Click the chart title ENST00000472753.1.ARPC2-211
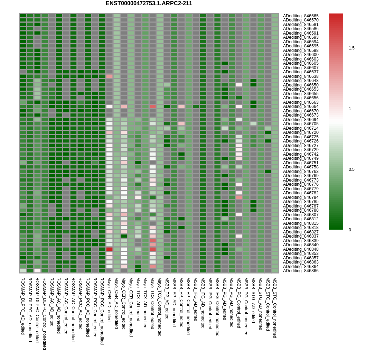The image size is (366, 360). coord(149,3)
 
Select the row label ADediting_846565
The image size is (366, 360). coord(301,16)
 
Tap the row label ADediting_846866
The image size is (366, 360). coord(301,271)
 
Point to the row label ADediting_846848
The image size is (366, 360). coord(301,249)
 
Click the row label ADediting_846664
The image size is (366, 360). coord(301,107)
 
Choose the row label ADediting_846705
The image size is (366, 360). coord(301,124)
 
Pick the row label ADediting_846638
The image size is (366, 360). coord(301,76)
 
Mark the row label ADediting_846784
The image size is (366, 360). coord(301,197)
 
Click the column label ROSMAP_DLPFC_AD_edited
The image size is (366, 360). coord(23,306)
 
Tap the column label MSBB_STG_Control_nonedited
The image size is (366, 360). coord(275,307)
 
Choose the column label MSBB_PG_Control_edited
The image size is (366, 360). coord(239,303)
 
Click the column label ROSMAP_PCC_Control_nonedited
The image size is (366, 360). coord(102,311)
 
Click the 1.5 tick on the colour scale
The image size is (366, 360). coord(351,48)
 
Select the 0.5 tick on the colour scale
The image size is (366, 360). coord(351,169)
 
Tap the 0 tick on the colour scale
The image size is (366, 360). coord(350,230)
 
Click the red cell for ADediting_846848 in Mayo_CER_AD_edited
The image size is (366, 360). coord(109,249)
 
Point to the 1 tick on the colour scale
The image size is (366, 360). coord(350,109)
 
